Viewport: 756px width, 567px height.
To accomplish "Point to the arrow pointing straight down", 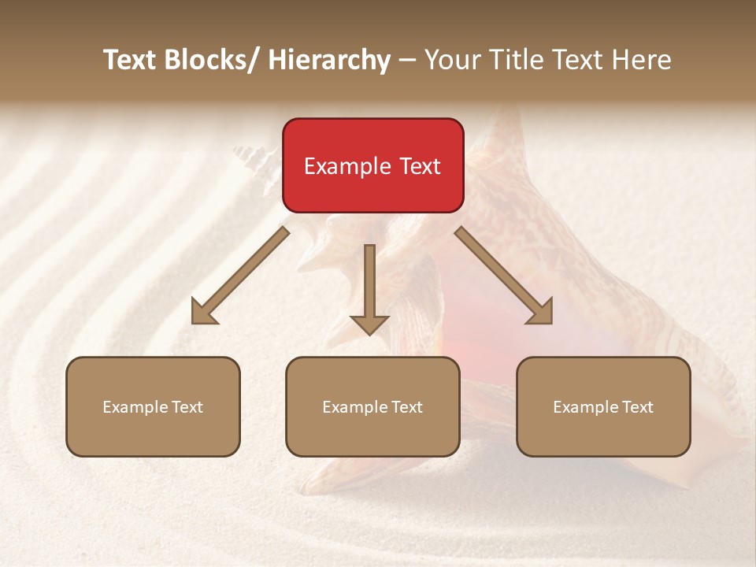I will point(369,287).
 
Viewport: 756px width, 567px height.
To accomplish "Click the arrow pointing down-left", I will point(240,276).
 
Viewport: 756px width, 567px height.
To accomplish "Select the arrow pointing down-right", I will point(504,276).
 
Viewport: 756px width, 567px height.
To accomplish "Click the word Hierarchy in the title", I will point(329,60).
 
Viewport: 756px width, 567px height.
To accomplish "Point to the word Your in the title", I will point(450,60).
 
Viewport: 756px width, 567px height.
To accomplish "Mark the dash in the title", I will point(407,60).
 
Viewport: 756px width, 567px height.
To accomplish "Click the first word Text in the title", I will point(129,60).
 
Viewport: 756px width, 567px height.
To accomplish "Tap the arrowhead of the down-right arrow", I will point(541,313).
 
